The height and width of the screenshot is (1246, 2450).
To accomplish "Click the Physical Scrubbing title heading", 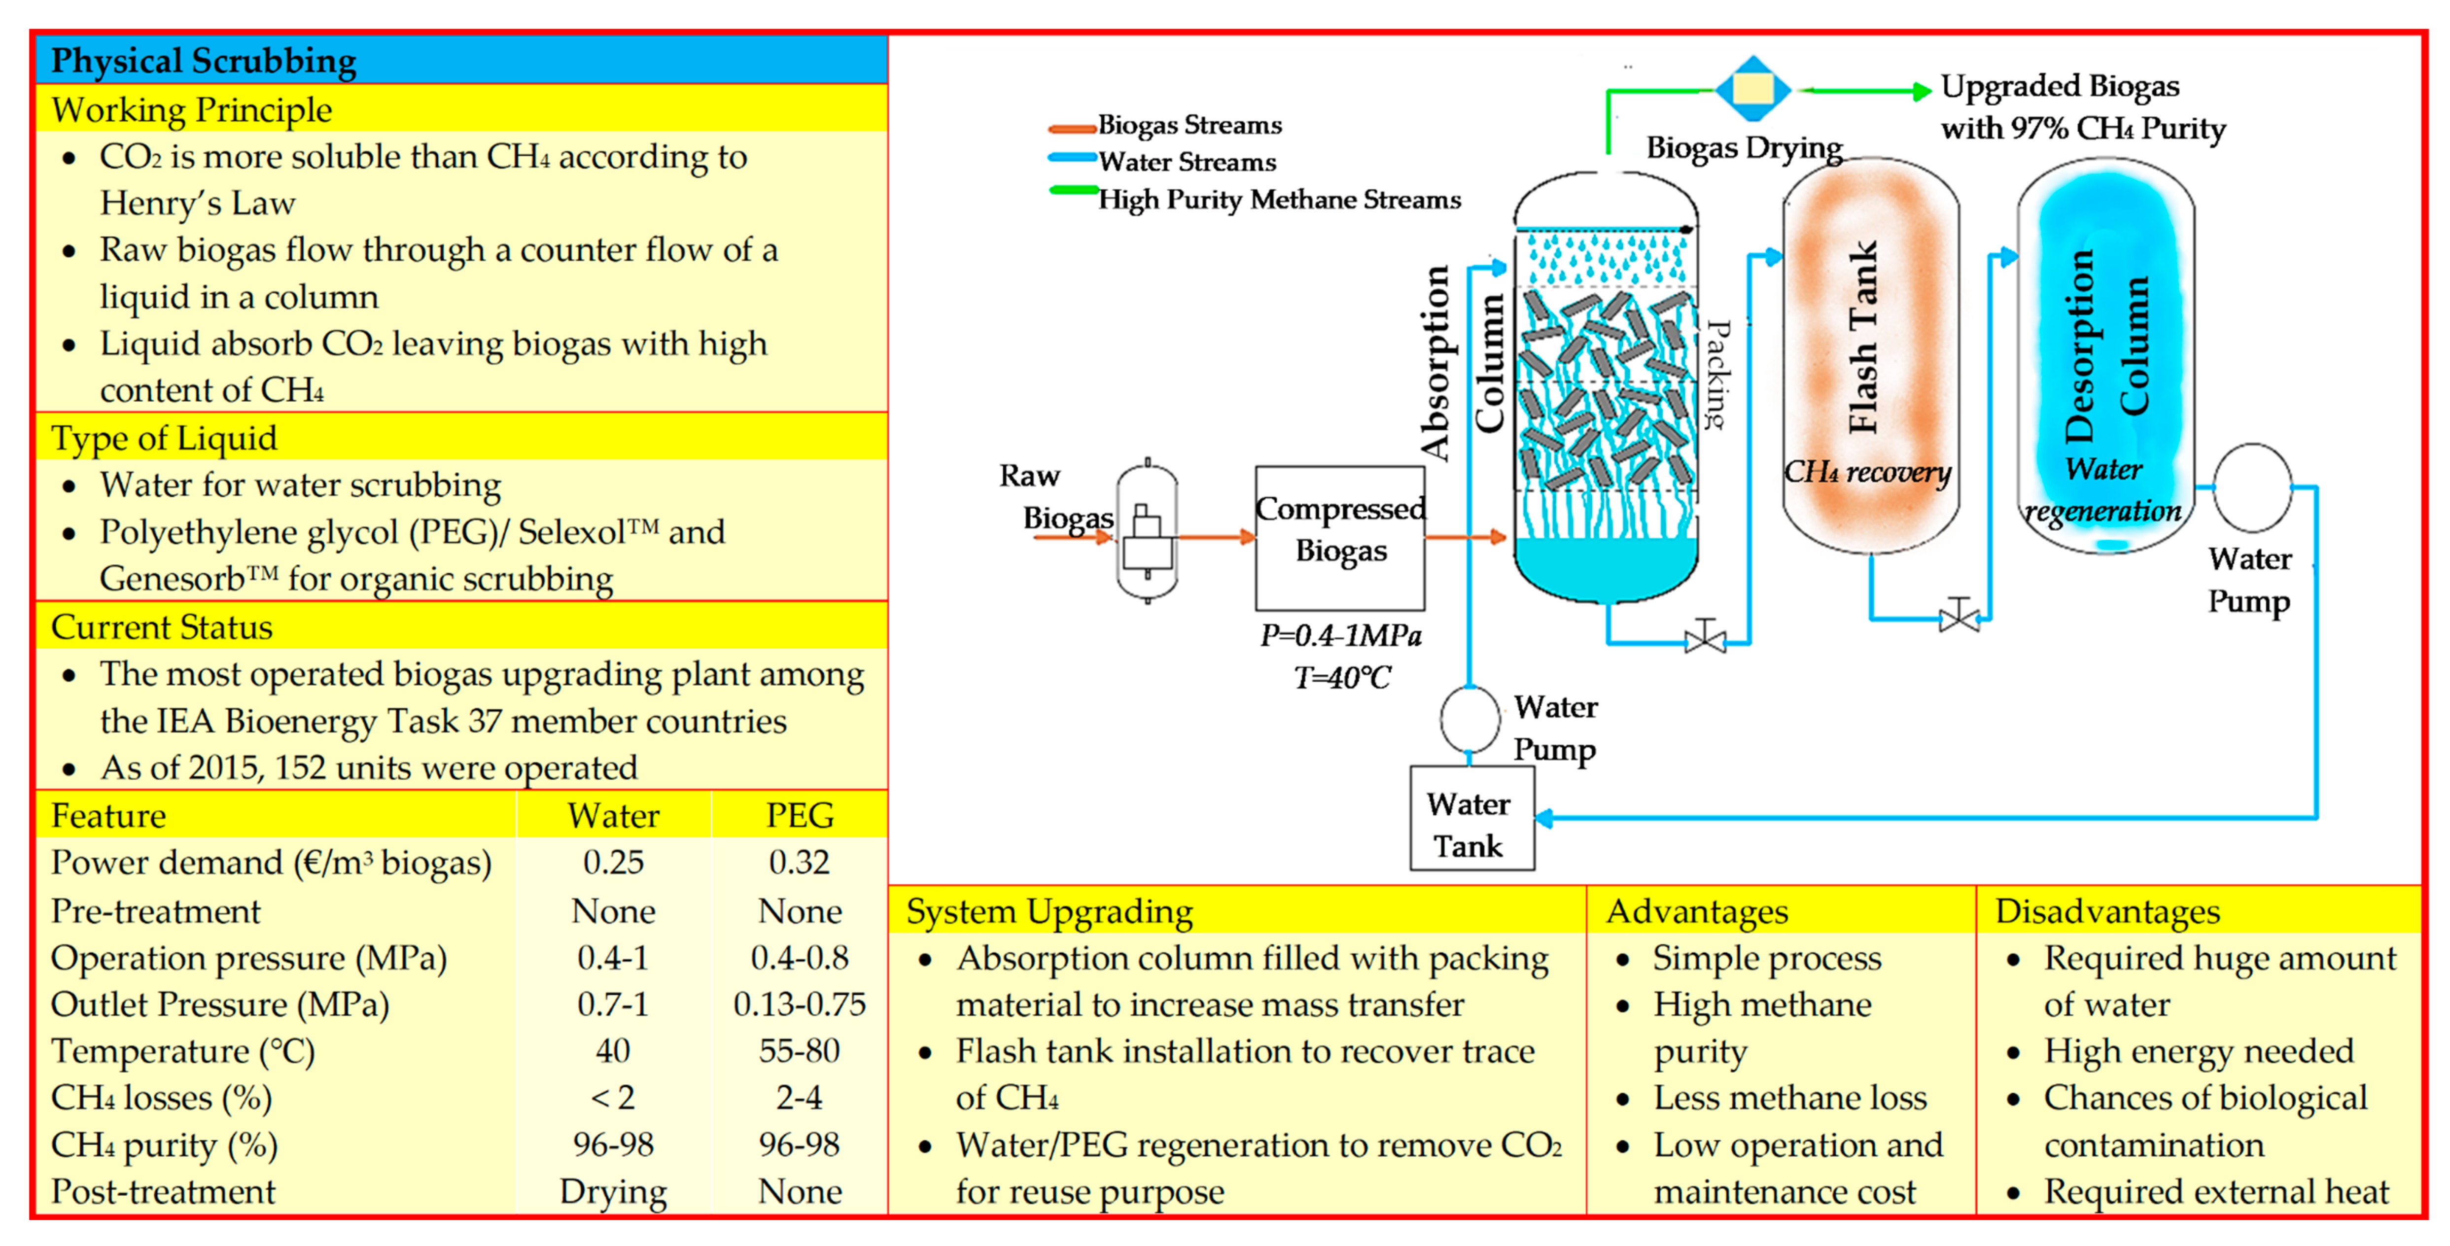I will click(204, 61).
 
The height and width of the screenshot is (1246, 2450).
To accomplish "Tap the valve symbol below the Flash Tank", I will click(1959, 616).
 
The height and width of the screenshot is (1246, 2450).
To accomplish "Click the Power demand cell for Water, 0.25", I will click(613, 863).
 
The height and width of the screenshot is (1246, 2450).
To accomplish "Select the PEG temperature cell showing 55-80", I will click(799, 1051).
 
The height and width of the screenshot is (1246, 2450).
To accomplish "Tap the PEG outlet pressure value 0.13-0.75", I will click(799, 1004).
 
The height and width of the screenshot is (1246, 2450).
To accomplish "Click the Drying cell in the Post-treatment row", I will click(613, 1192).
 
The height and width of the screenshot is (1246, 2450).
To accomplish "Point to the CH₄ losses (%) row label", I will click(162, 1099).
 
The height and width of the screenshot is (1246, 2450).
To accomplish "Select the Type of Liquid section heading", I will click(164, 439).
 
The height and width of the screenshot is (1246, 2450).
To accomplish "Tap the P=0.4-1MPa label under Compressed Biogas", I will click(1340, 635).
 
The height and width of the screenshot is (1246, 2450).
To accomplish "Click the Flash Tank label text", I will click(1862, 338).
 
